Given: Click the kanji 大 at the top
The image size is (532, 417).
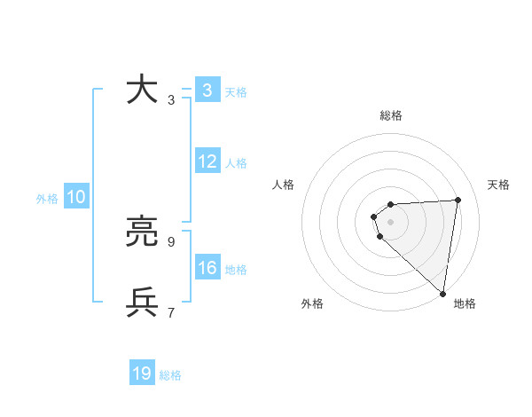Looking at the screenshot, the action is [x=142, y=90].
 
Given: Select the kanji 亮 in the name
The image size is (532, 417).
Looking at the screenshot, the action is [x=142, y=232].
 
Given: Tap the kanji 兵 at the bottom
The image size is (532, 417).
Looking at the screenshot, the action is [x=142, y=303].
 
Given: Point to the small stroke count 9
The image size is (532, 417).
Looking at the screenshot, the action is [x=171, y=241].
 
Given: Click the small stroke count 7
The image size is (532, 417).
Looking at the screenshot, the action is [x=171, y=312].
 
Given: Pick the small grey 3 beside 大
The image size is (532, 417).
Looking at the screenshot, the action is [x=171, y=99].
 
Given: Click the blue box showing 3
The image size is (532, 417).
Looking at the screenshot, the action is [x=207, y=90].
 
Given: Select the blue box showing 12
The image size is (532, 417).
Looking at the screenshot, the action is [x=207, y=162].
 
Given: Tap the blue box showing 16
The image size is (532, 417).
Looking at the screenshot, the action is [x=207, y=269].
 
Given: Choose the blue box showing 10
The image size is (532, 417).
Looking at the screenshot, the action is [x=76, y=198].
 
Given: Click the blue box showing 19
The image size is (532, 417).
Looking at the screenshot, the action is [x=142, y=374].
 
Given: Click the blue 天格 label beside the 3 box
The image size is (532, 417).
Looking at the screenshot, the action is [x=236, y=91].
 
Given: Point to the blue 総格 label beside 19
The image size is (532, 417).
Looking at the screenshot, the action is [x=170, y=375].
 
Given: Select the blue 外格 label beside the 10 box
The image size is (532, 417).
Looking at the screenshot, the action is [x=47, y=199].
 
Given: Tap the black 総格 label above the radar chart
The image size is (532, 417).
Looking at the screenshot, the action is [x=391, y=115].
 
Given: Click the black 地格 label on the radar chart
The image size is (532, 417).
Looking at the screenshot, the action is [x=465, y=304].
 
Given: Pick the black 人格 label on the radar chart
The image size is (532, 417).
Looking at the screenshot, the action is [x=284, y=185].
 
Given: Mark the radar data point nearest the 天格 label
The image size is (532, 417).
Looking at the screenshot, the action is [x=458, y=200].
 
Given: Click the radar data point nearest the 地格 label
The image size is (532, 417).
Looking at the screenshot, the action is [x=442, y=293].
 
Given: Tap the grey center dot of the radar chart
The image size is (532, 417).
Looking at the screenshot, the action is [x=391, y=221].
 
